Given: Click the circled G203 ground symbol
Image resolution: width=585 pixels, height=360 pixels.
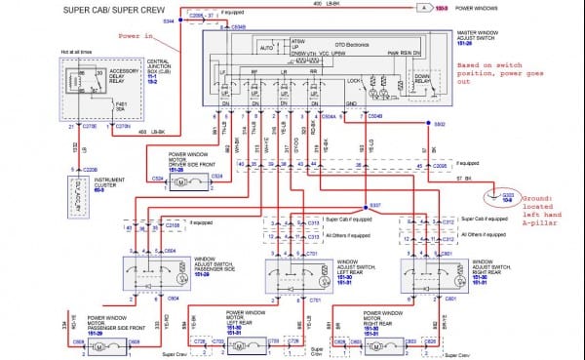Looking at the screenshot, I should coord(507,195).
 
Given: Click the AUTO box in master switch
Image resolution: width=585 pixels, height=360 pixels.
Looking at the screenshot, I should coord(265,46).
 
